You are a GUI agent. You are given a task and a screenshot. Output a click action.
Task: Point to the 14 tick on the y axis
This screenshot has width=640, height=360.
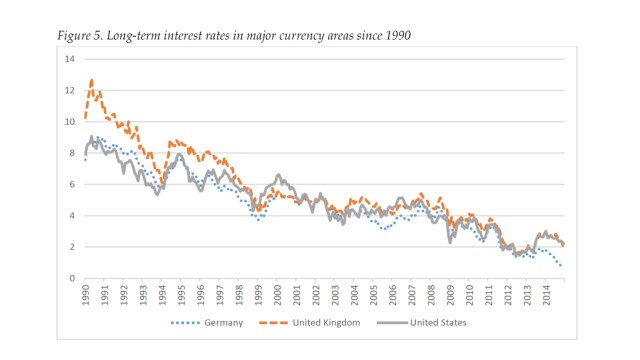coord(69,59)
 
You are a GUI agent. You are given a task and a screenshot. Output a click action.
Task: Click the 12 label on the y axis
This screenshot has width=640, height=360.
coord(69,90)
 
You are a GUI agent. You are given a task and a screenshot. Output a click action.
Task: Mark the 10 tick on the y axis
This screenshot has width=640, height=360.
coord(69,122)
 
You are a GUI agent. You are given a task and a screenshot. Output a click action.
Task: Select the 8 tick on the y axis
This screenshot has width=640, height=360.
coord(71,153)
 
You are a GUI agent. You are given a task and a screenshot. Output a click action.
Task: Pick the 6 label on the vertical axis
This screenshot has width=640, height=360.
coord(71,184)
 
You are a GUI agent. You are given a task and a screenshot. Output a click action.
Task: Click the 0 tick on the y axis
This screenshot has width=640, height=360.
coord(71,278)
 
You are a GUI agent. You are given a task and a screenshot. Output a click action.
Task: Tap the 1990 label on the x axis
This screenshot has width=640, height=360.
coord(86,296)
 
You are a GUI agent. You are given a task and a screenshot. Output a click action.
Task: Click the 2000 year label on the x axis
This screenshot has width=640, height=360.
coord(278,296)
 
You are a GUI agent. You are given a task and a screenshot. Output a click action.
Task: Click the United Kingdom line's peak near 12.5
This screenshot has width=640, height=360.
coord(91,80)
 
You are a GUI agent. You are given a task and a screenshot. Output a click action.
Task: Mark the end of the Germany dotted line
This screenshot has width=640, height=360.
coord(561,266)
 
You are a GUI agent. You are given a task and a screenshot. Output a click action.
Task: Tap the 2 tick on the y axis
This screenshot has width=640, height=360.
coord(71,247)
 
